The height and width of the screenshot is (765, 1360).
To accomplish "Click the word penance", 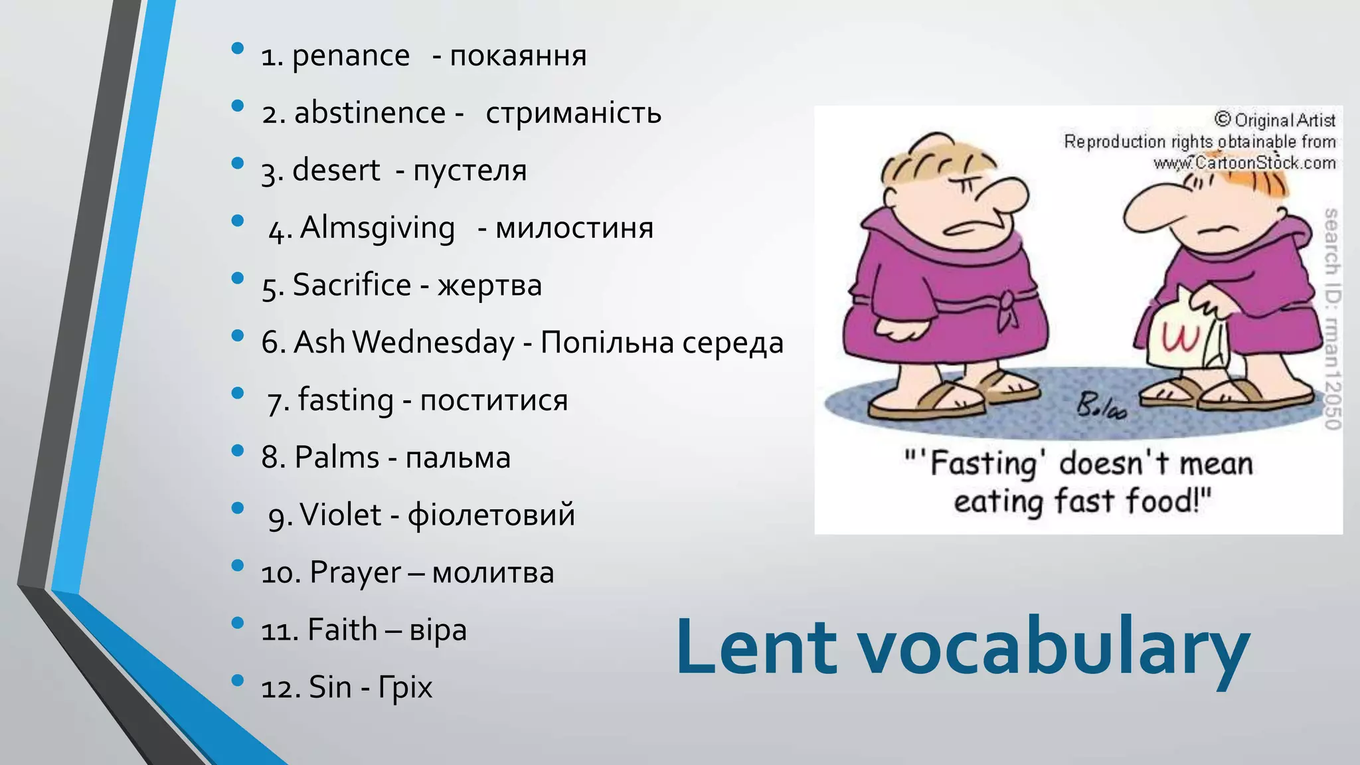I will [x=351, y=56].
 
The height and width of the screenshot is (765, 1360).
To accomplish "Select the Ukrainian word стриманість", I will [x=573, y=114].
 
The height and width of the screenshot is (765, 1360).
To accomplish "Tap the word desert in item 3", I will [x=336, y=171].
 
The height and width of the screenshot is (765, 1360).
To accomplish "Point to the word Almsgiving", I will [x=377, y=228].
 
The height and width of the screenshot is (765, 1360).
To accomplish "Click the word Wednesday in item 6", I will [x=433, y=343].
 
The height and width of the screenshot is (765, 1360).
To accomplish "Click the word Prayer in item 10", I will [x=355, y=573].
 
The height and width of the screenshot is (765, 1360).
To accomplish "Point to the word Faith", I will [x=342, y=630].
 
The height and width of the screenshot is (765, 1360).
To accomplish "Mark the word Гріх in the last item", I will [x=405, y=688].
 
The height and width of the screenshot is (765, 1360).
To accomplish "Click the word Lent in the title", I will [x=756, y=647].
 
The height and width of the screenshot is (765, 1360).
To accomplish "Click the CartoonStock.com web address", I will [x=1244, y=163].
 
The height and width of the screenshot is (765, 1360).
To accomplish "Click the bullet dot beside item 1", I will [x=237, y=48].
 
